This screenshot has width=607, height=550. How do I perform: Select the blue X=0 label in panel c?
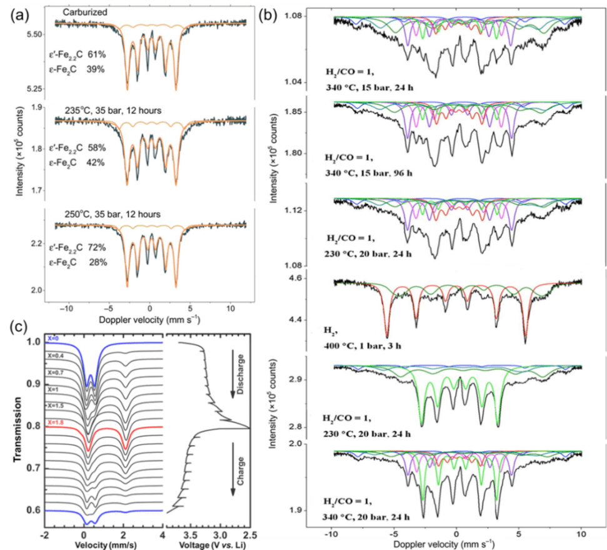(x=54, y=339)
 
